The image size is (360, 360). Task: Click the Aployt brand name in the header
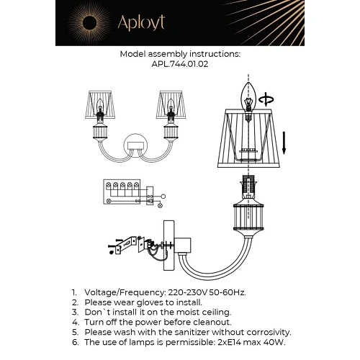click(x=141, y=23)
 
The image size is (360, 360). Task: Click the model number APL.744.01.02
click(x=179, y=63)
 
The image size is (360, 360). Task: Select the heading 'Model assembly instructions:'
click(x=179, y=54)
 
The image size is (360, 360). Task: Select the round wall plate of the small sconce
click(x=135, y=145)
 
